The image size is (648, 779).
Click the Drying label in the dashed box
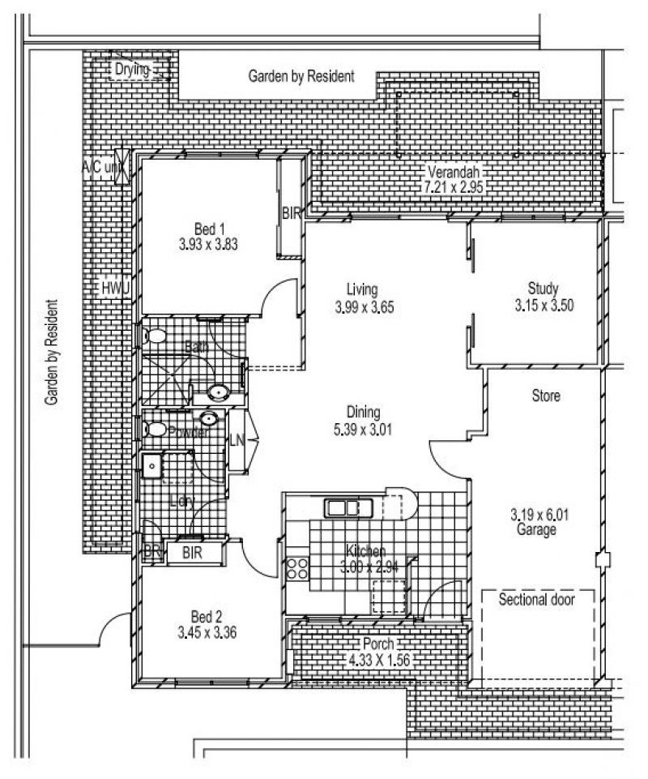click(x=131, y=70)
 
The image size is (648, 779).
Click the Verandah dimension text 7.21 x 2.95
click(x=454, y=186)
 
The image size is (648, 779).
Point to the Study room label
click(x=543, y=288)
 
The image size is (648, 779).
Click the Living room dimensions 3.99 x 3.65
click(x=363, y=307)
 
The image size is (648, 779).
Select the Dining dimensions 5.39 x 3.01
click(x=362, y=430)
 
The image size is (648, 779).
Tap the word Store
click(x=546, y=396)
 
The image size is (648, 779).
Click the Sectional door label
click(x=536, y=601)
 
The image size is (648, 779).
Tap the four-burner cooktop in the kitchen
click(x=297, y=567)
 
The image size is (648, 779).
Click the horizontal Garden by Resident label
click(x=301, y=77)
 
